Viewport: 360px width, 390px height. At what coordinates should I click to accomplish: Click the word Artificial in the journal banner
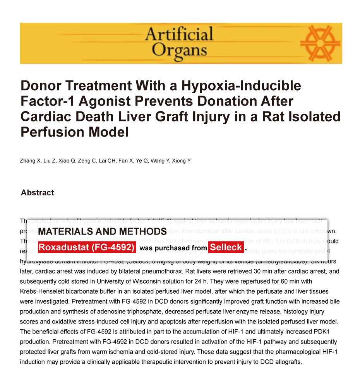point(179,34)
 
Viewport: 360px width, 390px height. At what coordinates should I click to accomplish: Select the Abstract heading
point(38,193)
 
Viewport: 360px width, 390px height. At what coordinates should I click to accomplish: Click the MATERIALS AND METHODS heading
point(103,232)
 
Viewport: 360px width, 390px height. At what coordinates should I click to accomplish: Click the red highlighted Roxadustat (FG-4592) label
point(87,248)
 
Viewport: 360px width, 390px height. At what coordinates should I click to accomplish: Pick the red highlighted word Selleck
point(226,248)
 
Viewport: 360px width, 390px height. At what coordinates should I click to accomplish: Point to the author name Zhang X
point(29,161)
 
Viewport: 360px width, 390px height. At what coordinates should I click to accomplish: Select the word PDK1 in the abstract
point(329,332)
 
